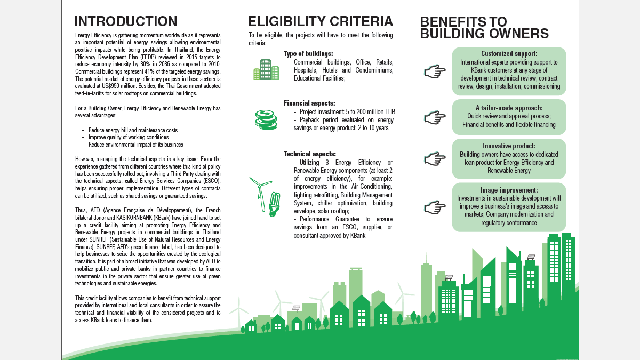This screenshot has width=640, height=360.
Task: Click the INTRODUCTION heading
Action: pos(126,21)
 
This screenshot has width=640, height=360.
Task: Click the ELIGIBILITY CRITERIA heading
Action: pos(321,21)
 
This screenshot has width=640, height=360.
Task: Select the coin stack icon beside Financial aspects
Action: pos(265,119)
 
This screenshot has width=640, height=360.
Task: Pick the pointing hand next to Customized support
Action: pos(435,71)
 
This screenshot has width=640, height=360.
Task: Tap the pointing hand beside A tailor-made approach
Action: pos(435,116)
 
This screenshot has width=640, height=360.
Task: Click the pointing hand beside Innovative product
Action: pos(435,158)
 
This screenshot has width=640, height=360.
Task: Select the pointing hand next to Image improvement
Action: pos(435,206)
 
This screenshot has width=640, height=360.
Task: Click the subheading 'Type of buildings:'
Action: pos(308,54)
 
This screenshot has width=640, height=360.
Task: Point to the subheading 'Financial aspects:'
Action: pos(309,103)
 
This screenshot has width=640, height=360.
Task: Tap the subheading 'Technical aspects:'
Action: pos(310,154)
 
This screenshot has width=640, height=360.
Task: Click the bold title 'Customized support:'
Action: pos(509,54)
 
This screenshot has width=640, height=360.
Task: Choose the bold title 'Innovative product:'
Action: pos(509,146)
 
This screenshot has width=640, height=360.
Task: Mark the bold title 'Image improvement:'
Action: pos(509,190)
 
